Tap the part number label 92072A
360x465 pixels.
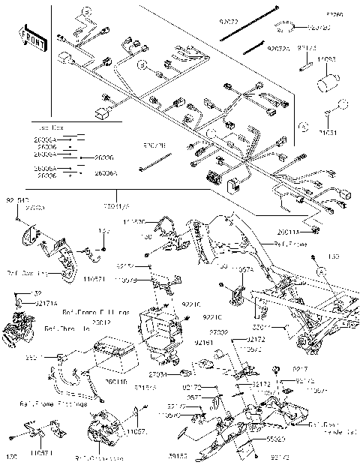pos(277,49)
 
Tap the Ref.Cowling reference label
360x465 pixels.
pos(26,274)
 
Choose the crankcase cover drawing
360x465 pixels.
pos(103,435)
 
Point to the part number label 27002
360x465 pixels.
pos(219,331)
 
